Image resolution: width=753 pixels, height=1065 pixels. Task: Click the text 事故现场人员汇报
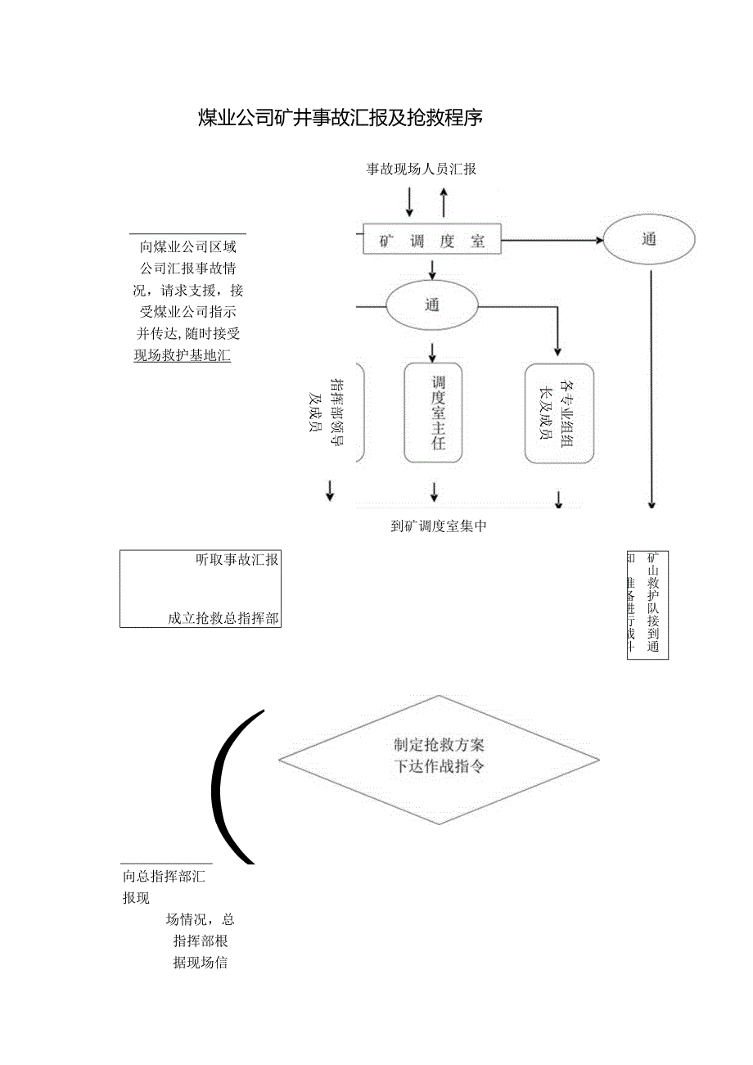421,169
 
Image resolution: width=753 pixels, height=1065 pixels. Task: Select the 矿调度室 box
431,240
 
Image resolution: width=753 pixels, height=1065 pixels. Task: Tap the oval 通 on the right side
649,240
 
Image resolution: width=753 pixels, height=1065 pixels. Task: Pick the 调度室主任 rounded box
434,413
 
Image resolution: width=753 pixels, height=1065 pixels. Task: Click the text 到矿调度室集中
439,526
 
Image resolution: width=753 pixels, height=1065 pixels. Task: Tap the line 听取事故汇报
237,560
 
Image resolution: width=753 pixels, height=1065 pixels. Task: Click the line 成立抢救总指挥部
223,619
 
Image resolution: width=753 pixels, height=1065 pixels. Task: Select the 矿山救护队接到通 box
647,604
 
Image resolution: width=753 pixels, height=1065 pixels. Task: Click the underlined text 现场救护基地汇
182,355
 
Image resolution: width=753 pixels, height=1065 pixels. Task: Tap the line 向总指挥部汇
164,877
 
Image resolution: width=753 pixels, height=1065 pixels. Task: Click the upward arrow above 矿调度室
444,201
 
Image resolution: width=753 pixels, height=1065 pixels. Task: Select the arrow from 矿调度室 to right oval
552,241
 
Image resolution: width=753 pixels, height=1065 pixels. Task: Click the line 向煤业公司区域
188,246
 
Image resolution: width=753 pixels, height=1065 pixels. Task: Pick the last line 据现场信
200,963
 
